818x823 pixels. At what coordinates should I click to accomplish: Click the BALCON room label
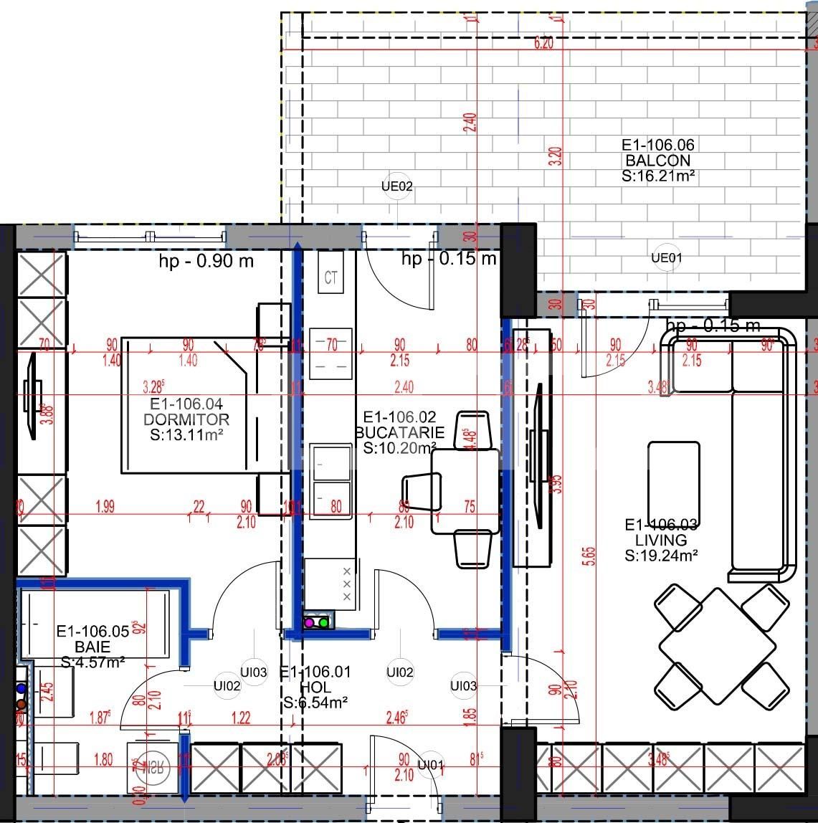(657, 161)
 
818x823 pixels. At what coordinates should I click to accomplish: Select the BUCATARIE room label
(400, 433)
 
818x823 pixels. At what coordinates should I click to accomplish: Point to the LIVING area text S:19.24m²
(661, 555)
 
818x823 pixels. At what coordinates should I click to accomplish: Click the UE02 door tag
(397, 187)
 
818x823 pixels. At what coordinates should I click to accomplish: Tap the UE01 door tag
(666, 257)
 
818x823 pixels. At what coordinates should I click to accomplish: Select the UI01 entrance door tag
(430, 764)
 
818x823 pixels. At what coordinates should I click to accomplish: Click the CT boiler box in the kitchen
(330, 277)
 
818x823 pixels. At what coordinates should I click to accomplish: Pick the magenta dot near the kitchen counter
(309, 623)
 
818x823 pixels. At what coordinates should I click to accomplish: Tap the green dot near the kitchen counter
(323, 623)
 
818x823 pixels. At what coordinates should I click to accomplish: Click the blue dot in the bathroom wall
(21, 689)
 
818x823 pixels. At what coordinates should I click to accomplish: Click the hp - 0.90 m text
(206, 261)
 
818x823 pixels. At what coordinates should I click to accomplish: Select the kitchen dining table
(465, 491)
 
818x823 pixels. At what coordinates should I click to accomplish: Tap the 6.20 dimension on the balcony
(544, 44)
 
